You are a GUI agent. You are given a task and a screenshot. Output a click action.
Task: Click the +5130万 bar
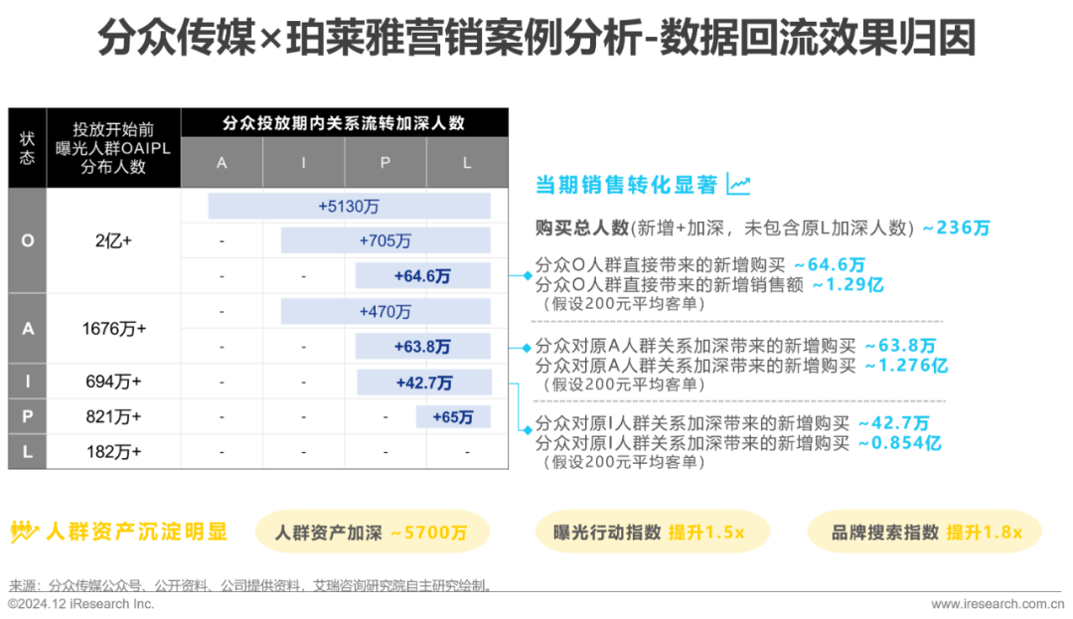pyautogui.click(x=349, y=206)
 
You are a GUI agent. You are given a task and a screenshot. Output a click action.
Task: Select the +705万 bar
pyautogui.click(x=384, y=240)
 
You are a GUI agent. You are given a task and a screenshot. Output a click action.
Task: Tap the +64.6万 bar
pyautogui.click(x=422, y=276)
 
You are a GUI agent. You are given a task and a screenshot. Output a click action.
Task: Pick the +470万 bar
pyautogui.click(x=384, y=311)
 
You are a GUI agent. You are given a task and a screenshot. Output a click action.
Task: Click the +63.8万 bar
pyautogui.click(x=422, y=347)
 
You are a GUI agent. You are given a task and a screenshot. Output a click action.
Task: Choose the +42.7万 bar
pyautogui.click(x=424, y=383)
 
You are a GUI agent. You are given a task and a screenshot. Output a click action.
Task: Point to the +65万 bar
pyautogui.click(x=453, y=417)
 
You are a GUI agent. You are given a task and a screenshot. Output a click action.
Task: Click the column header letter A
pyautogui.click(x=222, y=163)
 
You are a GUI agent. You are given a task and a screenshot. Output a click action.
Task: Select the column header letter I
pyautogui.click(x=304, y=163)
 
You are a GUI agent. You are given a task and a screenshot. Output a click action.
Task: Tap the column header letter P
pyautogui.click(x=385, y=163)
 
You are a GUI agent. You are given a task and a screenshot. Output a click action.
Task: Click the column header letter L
pyautogui.click(x=467, y=163)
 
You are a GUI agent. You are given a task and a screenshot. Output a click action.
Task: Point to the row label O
pyautogui.click(x=28, y=240)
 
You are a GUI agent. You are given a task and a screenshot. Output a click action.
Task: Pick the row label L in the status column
pyautogui.click(x=28, y=452)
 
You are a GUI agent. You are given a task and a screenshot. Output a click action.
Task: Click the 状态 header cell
pyautogui.click(x=28, y=148)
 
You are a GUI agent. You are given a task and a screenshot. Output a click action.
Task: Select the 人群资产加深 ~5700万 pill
pyautogui.click(x=373, y=533)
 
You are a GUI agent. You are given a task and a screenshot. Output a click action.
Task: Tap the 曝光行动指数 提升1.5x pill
pyautogui.click(x=649, y=533)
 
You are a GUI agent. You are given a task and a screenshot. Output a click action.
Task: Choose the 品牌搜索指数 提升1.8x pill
pyautogui.click(x=926, y=533)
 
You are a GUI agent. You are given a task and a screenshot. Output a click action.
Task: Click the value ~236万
pyautogui.click(x=956, y=229)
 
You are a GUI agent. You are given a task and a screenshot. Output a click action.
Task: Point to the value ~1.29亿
pyautogui.click(x=847, y=285)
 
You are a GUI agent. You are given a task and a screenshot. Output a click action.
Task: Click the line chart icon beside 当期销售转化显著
pyautogui.click(x=738, y=184)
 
